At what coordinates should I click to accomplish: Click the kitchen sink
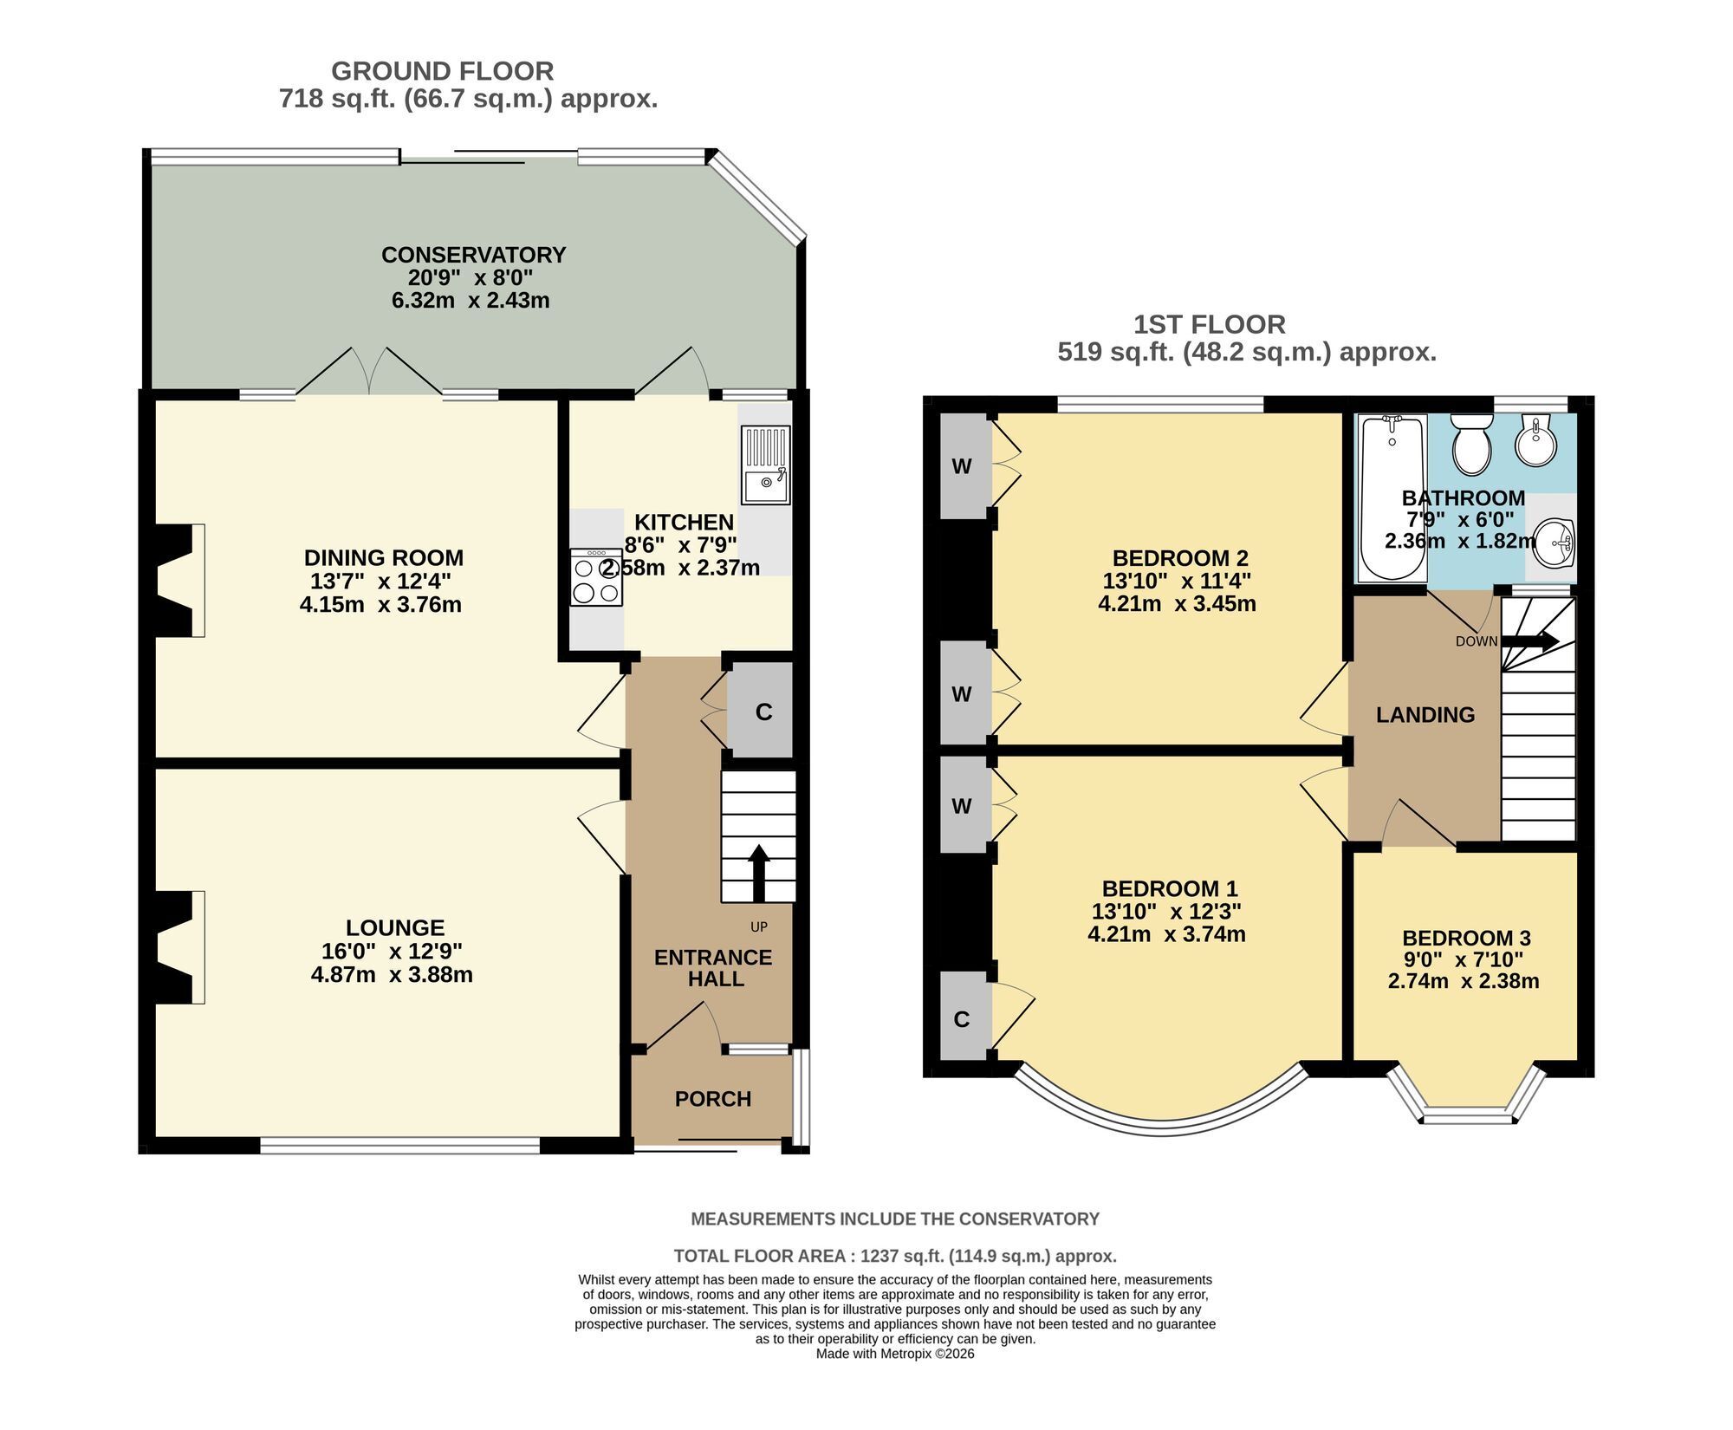coord(765,465)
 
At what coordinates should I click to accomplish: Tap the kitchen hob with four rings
coord(596,577)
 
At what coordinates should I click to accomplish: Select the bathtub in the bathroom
coord(1392,498)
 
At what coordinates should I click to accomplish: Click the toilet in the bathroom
coord(1470,444)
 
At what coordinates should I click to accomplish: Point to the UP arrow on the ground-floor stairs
coord(758,873)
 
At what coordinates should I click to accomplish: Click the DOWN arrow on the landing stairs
coord(1530,641)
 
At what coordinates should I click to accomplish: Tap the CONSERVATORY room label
coord(473,255)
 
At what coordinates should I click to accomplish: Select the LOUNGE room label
coord(395,928)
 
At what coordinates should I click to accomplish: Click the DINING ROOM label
coord(384,558)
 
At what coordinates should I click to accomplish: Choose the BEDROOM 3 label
coord(1466,938)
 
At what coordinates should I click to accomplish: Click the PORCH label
coord(713,1099)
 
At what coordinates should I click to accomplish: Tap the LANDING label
coord(1425,715)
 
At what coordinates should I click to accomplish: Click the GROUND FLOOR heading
coord(442,71)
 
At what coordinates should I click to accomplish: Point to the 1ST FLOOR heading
coord(1210,325)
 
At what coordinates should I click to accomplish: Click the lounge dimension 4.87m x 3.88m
coord(392,974)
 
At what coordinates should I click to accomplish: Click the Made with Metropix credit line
coord(895,1354)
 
